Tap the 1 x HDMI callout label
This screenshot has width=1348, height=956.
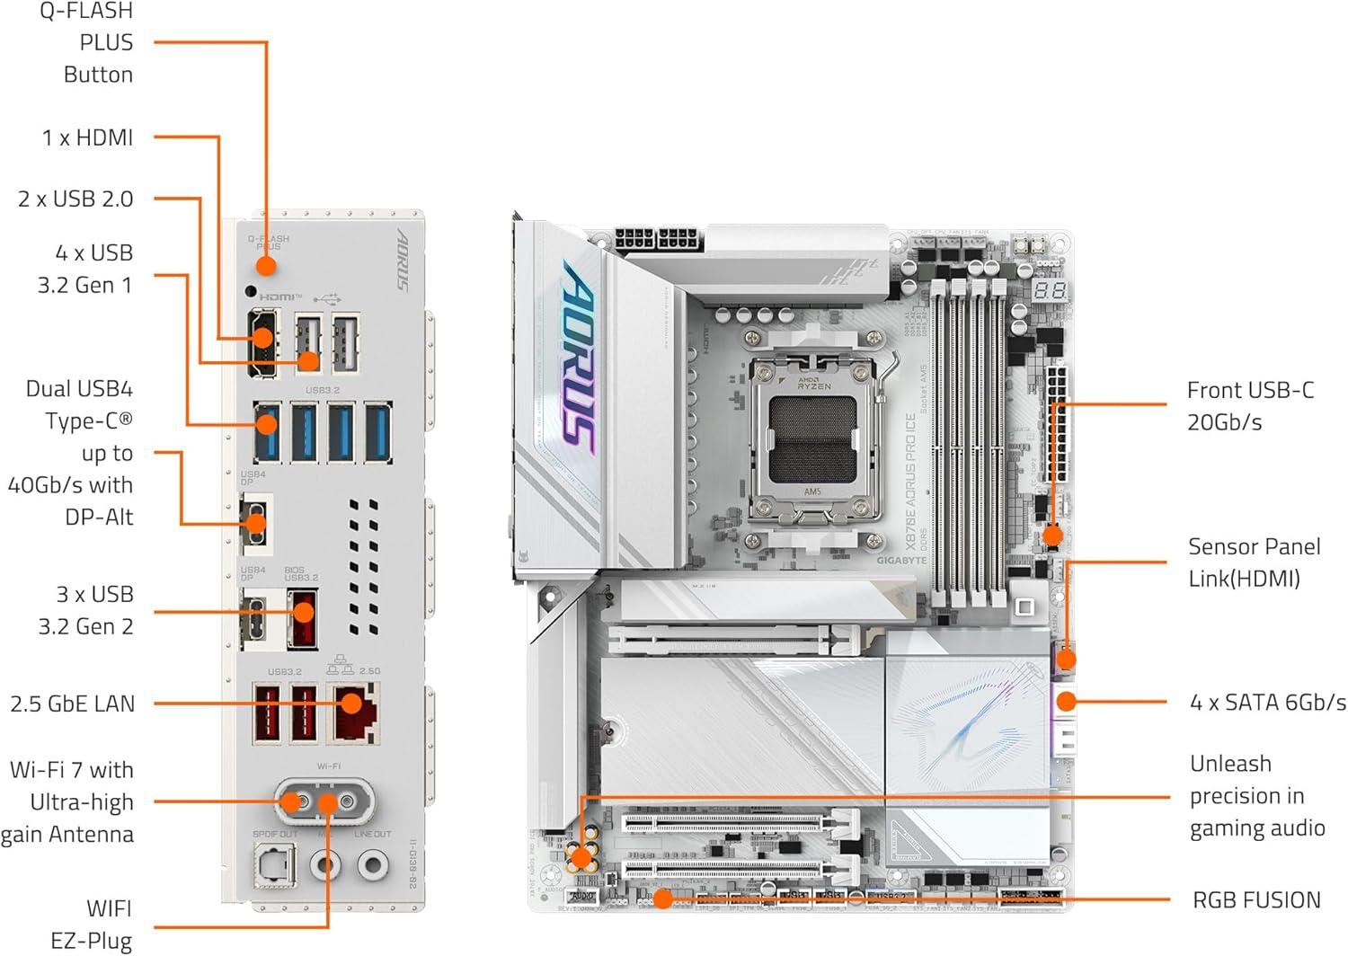pyautogui.click(x=87, y=137)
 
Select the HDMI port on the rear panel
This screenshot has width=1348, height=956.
pyautogui.click(x=262, y=341)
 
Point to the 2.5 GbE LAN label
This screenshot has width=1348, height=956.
pyautogui.click(x=72, y=704)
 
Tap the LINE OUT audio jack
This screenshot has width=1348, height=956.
pyautogui.click(x=372, y=864)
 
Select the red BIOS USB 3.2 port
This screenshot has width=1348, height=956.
pyautogui.click(x=302, y=617)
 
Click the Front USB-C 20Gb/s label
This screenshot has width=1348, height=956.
pyautogui.click(x=1249, y=406)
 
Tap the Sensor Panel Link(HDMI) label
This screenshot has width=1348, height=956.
pyautogui.click(x=1254, y=562)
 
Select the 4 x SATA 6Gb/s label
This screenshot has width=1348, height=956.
pyautogui.click(x=1267, y=703)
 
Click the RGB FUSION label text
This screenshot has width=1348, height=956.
pyautogui.click(x=1256, y=900)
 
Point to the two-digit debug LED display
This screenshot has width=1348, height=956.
pyautogui.click(x=1050, y=290)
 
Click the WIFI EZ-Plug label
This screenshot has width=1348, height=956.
pyautogui.click(x=91, y=925)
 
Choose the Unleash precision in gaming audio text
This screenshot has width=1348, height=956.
pyautogui.click(x=1256, y=796)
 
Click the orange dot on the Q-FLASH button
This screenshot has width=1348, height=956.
pyautogui.click(x=265, y=266)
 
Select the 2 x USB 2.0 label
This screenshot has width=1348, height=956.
pyautogui.click(x=75, y=199)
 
